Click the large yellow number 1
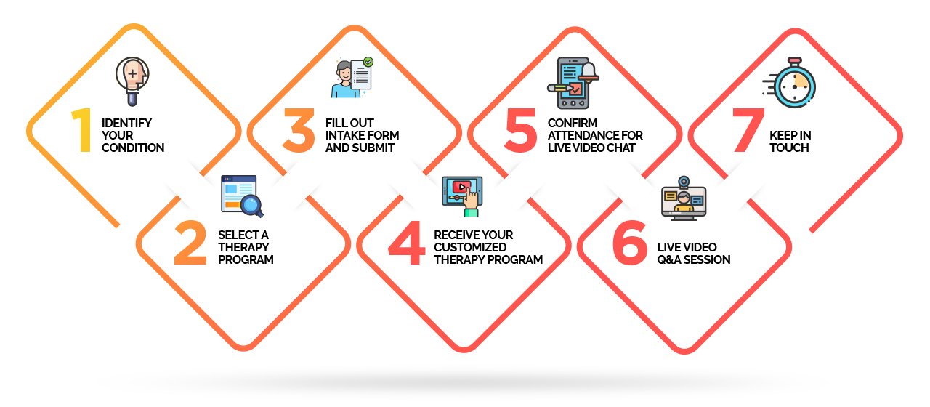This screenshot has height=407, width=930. [x=83, y=130]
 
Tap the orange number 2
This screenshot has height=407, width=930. [x=190, y=243]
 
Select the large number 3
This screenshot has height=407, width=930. [x=299, y=130]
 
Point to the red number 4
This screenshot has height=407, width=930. [x=406, y=243]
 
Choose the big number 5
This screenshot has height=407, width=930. [x=521, y=130]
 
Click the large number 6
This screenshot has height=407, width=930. [x=630, y=243]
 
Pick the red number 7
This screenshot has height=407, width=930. [x=748, y=130]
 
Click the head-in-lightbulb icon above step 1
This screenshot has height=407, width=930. [x=132, y=81]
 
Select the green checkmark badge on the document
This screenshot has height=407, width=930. [x=368, y=63]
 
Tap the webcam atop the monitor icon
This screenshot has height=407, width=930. [x=684, y=182]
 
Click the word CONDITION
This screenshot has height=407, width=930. [x=133, y=148]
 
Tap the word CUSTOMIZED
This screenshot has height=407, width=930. [x=470, y=248]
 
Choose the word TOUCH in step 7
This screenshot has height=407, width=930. [x=789, y=148]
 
